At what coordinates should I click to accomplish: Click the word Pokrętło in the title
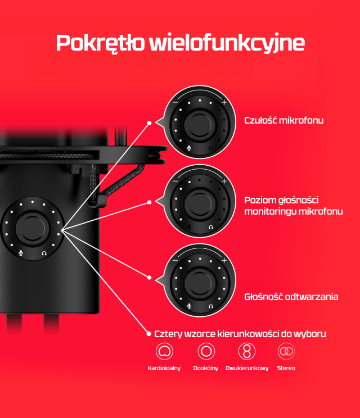pos(100,43)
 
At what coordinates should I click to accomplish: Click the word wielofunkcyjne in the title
pos(227,43)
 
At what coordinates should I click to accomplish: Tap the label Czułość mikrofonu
pos(283,120)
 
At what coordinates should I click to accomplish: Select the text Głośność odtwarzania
pos(291,297)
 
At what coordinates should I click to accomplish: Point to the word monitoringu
pos(270,211)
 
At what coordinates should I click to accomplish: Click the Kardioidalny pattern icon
pos(164,351)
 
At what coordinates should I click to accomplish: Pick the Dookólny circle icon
pos(206,351)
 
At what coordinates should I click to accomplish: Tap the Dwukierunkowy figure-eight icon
pos(247,351)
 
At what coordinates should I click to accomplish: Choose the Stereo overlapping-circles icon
pos(286,351)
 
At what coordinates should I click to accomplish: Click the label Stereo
pos(286,368)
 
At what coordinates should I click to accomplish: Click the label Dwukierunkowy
pos(247,368)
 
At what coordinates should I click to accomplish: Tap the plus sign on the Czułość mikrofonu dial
pos(224,102)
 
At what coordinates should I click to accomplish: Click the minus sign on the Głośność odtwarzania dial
pos(175,260)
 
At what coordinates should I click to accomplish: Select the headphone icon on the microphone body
pos(44,253)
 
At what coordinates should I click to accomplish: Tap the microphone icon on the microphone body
pos(21,253)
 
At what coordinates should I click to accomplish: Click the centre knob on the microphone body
pos(33,228)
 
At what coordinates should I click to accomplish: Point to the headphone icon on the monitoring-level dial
pos(211,227)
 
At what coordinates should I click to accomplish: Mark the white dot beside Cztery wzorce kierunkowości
pos(149,334)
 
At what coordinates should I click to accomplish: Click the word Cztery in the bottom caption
pos(168,334)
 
